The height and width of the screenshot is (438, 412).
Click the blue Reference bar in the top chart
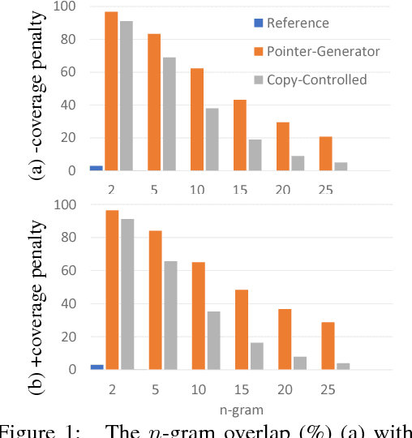97,168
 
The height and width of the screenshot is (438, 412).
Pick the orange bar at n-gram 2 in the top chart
111,92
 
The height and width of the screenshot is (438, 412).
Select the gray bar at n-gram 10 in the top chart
212,140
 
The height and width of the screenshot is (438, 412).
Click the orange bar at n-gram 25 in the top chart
325,153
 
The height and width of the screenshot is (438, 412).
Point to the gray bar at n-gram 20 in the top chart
298,163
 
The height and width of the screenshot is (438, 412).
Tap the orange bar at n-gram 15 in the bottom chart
240,329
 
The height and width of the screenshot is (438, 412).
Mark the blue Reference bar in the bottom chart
97,367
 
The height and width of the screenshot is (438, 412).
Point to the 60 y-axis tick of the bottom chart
69,272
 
